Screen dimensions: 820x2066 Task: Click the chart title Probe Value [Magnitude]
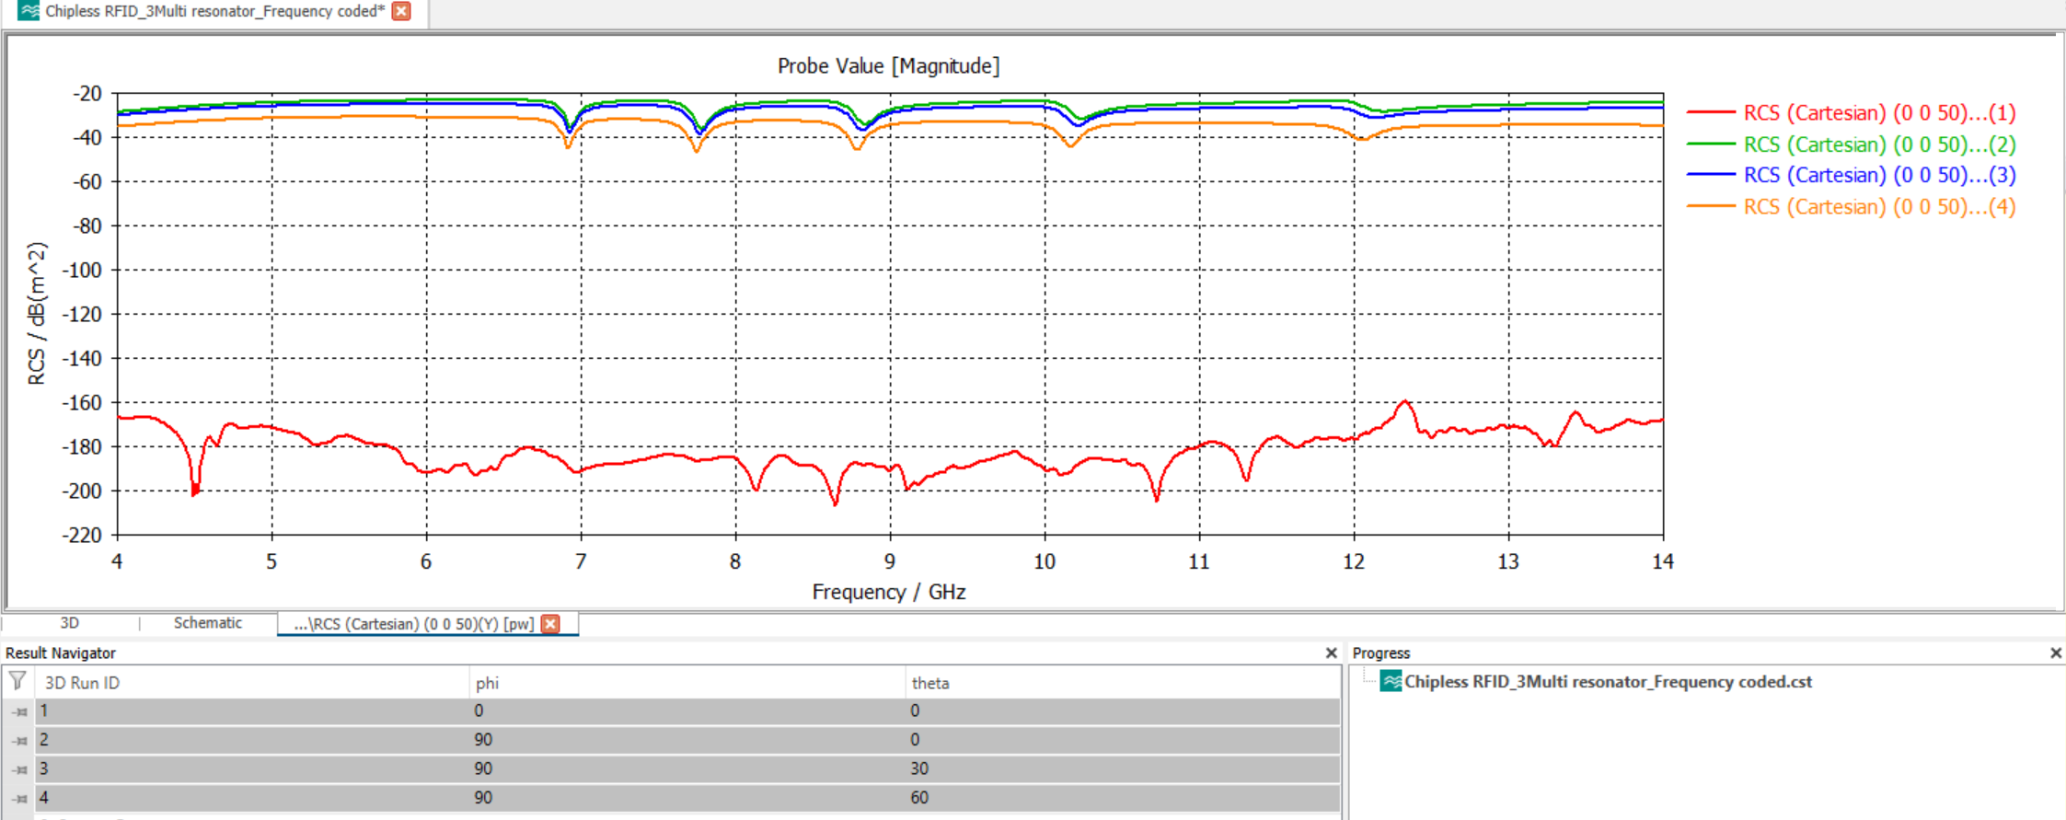[888, 66]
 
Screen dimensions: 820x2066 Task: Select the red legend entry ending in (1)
[1878, 113]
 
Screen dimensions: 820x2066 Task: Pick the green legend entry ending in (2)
[1878, 144]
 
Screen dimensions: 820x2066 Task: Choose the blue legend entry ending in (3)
[1878, 175]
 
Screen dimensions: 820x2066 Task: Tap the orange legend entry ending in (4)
[1878, 207]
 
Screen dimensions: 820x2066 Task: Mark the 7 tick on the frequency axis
[581, 562]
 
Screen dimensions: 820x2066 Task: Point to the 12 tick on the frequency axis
[1353, 562]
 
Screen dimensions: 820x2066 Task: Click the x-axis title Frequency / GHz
[888, 592]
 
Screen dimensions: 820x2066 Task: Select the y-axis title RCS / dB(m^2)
[37, 314]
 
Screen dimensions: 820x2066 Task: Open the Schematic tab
[208, 623]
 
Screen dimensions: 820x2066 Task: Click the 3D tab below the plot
[70, 623]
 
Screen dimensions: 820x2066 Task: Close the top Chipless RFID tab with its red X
[401, 11]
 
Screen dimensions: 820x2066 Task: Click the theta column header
[929, 683]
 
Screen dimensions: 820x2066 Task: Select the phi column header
[487, 683]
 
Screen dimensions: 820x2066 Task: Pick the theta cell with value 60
[919, 798]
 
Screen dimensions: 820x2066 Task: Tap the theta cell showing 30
[919, 768]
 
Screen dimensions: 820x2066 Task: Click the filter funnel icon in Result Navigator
[17, 681]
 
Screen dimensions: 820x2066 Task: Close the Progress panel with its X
[2055, 653]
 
